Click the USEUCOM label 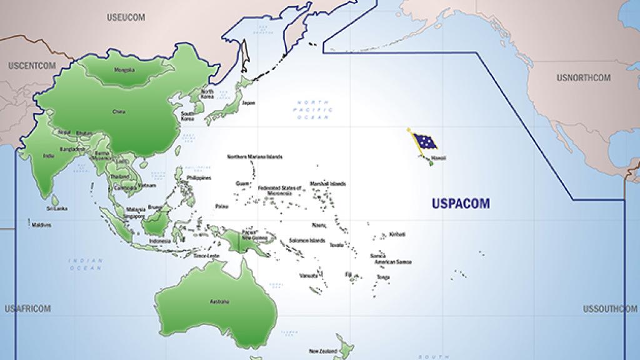(126, 17)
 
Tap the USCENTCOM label (32, 65)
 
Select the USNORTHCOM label (583, 78)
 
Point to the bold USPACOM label (461, 202)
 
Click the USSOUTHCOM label (610, 309)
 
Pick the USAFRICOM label (27, 309)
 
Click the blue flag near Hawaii (424, 142)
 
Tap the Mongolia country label (124, 69)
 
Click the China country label (119, 112)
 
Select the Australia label (219, 301)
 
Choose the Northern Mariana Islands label (255, 157)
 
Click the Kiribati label (397, 234)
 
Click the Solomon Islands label (307, 241)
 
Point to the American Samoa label (393, 262)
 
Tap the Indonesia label (160, 241)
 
